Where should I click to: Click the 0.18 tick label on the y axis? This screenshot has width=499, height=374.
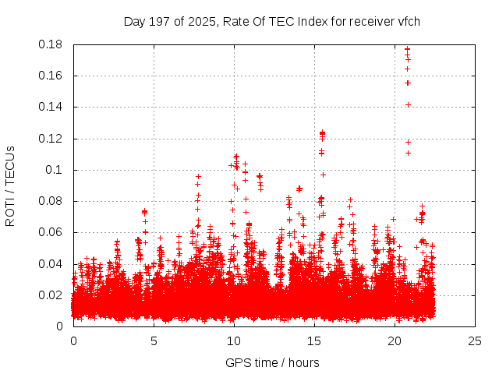[51, 44]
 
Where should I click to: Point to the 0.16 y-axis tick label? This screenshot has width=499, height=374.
[51, 76]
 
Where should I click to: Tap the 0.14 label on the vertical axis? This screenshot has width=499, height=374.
[51, 107]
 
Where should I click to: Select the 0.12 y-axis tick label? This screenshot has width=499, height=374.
[51, 139]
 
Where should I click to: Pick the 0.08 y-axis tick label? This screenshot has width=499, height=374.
[51, 201]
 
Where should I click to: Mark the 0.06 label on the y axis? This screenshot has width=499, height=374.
[51, 232]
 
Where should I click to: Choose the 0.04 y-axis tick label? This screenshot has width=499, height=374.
[51, 263]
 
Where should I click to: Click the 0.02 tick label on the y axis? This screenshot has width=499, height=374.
[51, 295]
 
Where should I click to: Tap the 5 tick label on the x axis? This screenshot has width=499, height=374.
[154, 340]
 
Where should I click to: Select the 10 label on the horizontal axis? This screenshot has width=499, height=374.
[234, 340]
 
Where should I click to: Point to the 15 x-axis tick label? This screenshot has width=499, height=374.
[314, 340]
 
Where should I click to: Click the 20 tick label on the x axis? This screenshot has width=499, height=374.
[395, 340]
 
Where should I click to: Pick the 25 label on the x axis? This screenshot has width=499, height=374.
[475, 340]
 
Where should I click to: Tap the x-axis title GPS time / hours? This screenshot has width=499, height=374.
[272, 362]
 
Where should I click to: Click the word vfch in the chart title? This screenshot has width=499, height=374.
[408, 21]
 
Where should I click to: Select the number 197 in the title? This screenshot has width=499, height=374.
[160, 21]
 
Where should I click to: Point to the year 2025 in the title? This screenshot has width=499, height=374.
[200, 21]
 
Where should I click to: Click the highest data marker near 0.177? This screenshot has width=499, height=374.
[407, 50]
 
